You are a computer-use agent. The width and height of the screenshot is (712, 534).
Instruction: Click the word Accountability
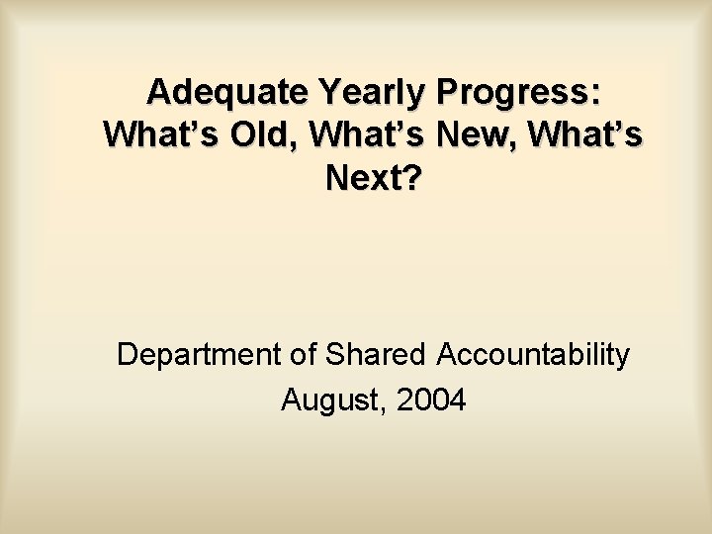pos(535,355)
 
